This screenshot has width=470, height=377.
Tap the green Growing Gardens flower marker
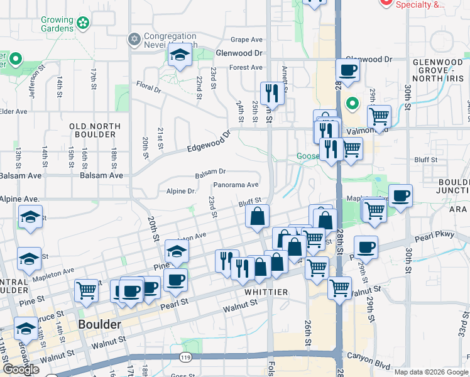coord(83,24)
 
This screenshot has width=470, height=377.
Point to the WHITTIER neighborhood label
coord(263,292)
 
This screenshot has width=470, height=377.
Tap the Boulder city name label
coord(99,325)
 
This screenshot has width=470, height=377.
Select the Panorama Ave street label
coord(236,185)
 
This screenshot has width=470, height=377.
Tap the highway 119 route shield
coord(185,357)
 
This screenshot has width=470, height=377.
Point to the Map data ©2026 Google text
coord(430,372)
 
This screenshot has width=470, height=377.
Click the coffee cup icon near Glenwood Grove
coord(347,70)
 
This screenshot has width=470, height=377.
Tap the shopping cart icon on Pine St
coord(86,290)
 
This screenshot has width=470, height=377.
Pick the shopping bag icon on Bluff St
coord(257,217)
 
